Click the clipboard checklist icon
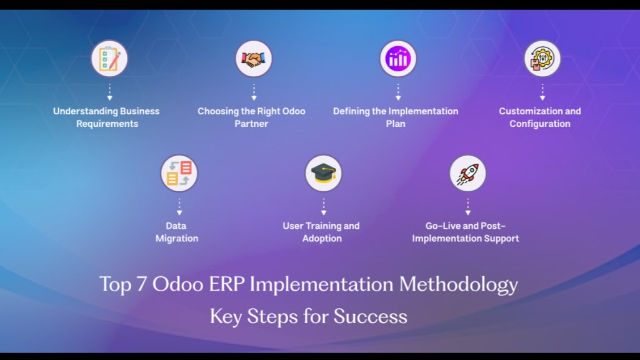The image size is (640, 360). click(109, 58)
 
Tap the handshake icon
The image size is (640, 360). click(254, 58)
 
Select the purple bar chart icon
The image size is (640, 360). click(398, 58)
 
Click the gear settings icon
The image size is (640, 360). click(542, 58)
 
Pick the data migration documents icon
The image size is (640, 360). click(179, 173)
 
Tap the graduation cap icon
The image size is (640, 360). click(323, 173)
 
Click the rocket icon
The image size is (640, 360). click(467, 173)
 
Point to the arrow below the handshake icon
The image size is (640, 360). click(254, 92)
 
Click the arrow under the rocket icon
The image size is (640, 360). click(467, 207)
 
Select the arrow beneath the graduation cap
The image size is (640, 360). click(324, 207)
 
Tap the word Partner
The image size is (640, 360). click(251, 124)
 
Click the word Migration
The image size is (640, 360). click(177, 239)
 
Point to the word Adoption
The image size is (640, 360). click(322, 239)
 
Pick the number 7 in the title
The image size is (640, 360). click(142, 284)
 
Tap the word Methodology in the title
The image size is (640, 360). click(458, 285)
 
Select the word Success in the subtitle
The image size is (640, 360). click(370, 316)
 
